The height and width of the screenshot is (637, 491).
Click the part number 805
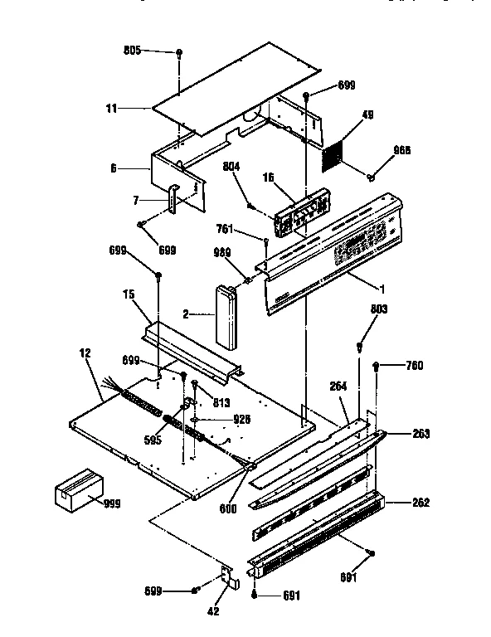click(x=131, y=51)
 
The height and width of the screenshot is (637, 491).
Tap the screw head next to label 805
click(x=179, y=52)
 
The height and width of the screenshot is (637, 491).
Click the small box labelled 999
click(x=76, y=492)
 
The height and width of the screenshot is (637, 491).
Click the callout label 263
click(x=424, y=433)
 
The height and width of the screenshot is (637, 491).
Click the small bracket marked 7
click(x=173, y=199)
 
